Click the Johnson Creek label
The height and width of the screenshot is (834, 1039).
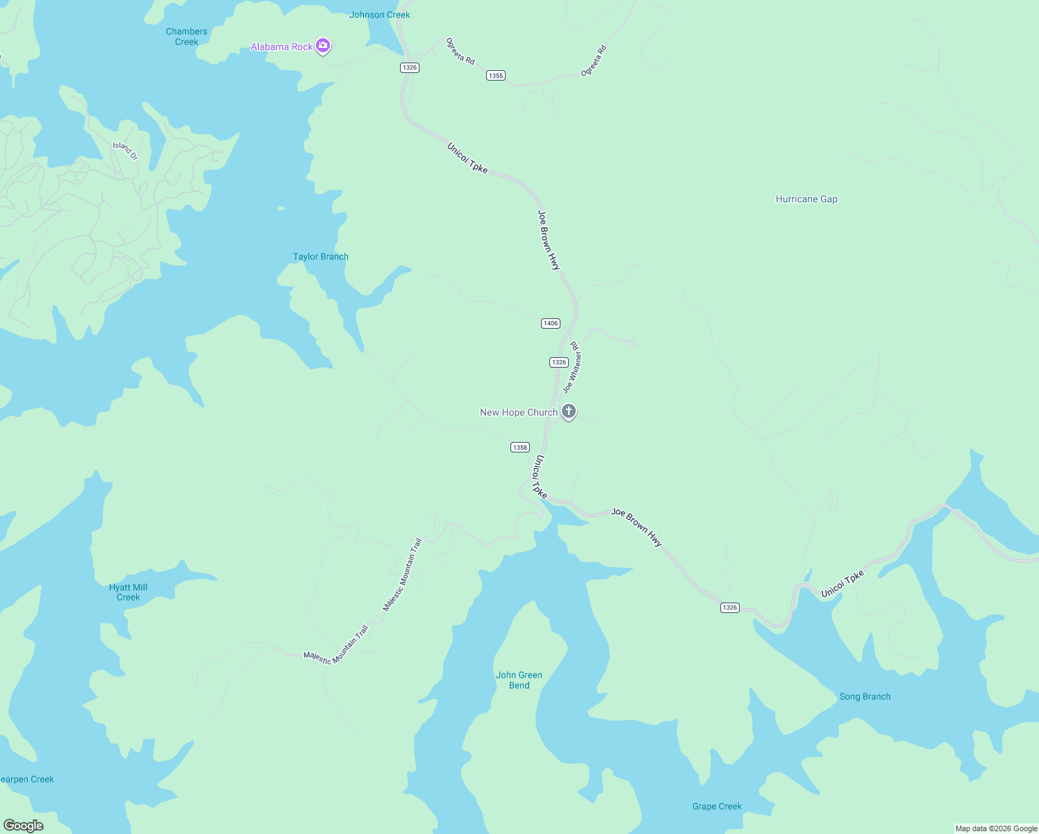pos(379,15)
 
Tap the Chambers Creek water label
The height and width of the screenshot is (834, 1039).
pos(186,37)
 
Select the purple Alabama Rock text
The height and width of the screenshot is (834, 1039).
pos(281,47)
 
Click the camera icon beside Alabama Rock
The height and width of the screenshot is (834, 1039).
pos(322,46)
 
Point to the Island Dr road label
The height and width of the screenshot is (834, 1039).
pos(126,150)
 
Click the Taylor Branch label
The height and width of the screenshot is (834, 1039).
pos(321,257)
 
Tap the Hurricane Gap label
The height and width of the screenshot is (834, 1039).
pos(806,199)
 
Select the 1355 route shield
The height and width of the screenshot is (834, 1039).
pos(495,76)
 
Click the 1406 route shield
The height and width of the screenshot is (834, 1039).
pos(550,323)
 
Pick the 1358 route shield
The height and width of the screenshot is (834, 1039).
pos(519,448)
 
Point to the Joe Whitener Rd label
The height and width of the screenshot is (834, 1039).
pos(573,367)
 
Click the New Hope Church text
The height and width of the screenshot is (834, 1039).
pos(518,413)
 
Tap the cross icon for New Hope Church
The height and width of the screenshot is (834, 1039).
pos(569,411)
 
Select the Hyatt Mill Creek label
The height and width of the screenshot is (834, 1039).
pos(128,592)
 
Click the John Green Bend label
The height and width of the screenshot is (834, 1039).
pos(519,680)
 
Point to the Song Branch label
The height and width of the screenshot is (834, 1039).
pos(865,697)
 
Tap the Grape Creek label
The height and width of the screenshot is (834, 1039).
pos(717,807)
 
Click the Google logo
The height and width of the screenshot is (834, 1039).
pos(24,826)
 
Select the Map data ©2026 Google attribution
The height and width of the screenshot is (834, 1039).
pos(996,828)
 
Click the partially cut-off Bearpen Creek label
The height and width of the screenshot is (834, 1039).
pos(26,780)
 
